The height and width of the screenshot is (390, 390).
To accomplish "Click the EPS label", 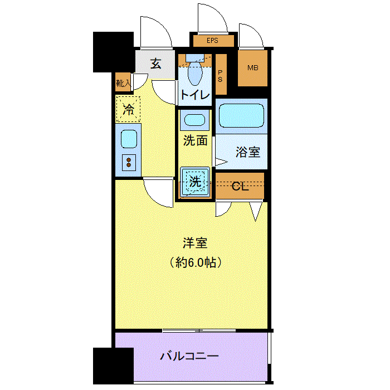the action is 212,40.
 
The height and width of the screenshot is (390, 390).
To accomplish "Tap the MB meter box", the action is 252,68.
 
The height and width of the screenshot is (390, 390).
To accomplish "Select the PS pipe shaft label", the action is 220,76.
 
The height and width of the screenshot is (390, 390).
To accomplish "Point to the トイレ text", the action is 195,95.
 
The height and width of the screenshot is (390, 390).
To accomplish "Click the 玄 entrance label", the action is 155,64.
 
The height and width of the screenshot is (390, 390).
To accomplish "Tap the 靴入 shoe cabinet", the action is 123,82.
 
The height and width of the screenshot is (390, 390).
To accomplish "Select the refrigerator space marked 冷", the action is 128,109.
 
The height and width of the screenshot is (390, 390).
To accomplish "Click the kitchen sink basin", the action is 129,139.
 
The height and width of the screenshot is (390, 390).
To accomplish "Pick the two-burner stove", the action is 129,163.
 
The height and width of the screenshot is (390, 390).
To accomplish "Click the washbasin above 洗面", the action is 195,120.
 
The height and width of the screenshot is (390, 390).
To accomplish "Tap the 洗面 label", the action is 195,141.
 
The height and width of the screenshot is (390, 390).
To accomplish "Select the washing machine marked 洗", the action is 195,182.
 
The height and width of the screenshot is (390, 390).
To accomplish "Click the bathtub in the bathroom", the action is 241,116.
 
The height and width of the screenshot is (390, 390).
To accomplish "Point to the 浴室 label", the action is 248,152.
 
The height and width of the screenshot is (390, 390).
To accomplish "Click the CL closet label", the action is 240,186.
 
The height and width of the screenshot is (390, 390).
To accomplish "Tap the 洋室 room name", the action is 195,243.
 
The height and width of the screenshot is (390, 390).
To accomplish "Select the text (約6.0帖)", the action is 196,262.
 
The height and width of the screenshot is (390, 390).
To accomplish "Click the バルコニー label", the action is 189,357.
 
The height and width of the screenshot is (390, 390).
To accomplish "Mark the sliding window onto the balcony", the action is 199,330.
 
